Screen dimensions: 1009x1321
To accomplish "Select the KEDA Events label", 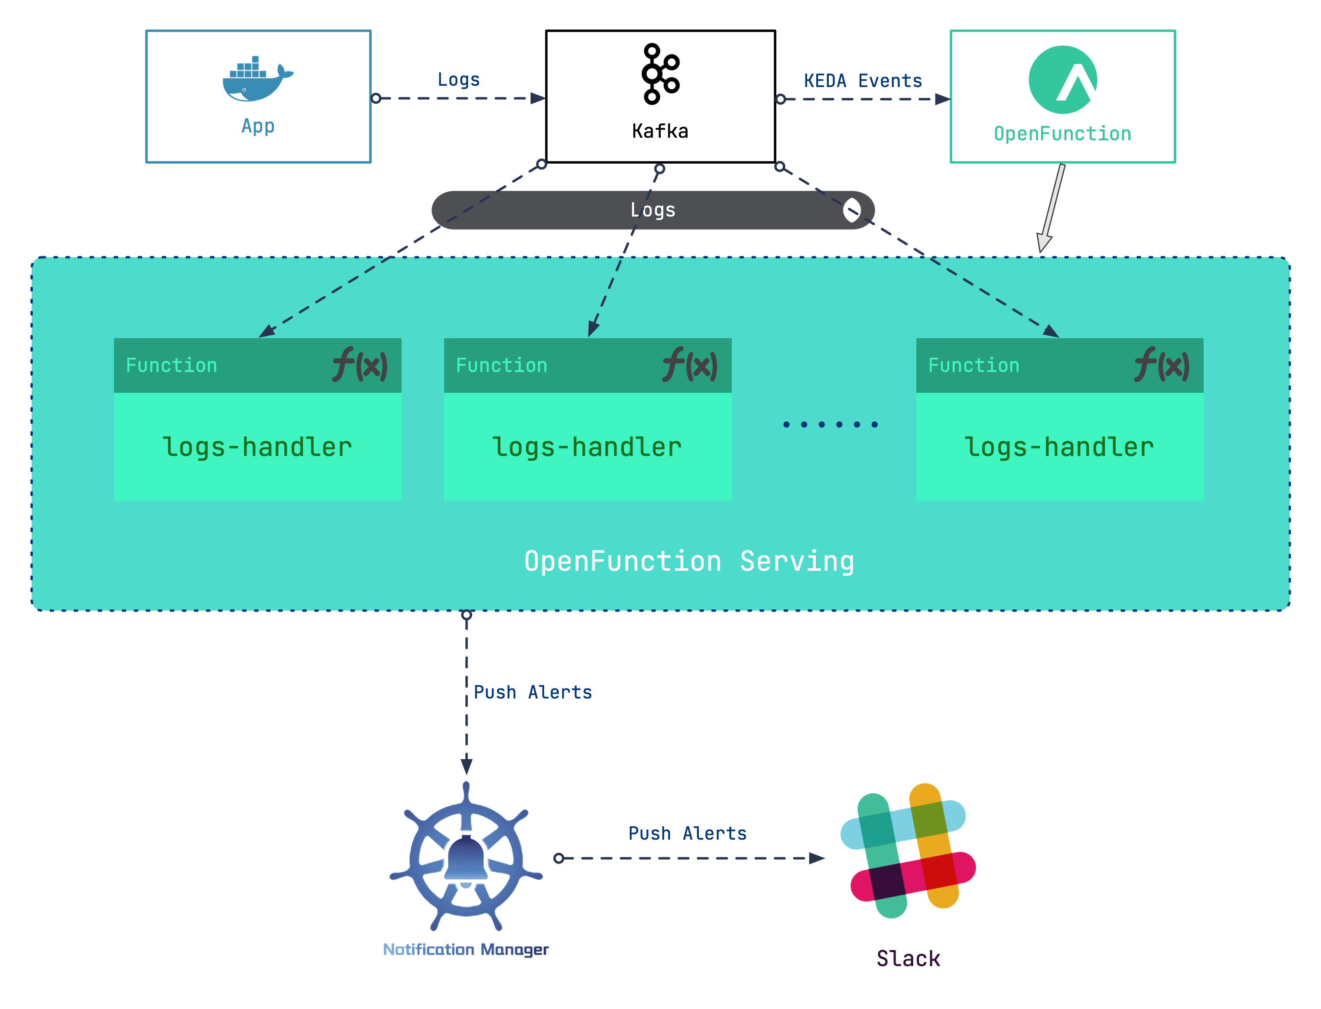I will pyautogui.click(x=862, y=81).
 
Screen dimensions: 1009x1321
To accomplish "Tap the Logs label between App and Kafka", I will pyautogui.click(x=458, y=79).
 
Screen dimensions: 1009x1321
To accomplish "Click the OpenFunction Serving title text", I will pyautogui.click(x=688, y=561).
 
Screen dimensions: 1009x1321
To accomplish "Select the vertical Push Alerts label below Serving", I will pyautogui.click(x=532, y=692).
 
